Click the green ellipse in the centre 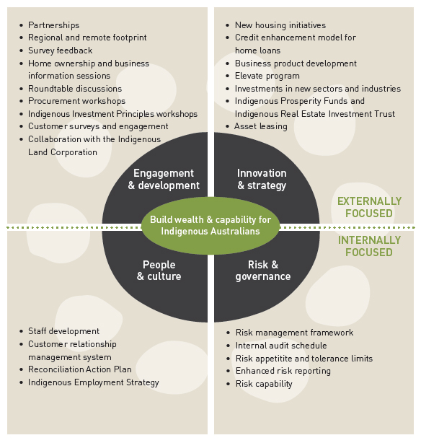(x=211, y=225)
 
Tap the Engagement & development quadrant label (x=164, y=180)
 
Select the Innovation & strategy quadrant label (x=262, y=180)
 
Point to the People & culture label (x=159, y=271)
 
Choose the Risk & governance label (x=263, y=271)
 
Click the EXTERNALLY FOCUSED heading (x=369, y=207)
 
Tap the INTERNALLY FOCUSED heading (x=369, y=246)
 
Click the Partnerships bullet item (x=53, y=25)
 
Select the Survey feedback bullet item (x=60, y=51)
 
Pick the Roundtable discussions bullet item (x=75, y=89)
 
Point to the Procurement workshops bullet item (x=77, y=101)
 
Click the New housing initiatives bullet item (x=280, y=25)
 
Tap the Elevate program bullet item (x=267, y=76)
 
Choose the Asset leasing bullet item (x=261, y=126)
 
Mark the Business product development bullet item (x=296, y=63)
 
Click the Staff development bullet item (x=64, y=331)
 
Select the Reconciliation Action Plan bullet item (x=80, y=369)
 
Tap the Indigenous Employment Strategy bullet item (x=94, y=382)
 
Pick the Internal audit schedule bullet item (x=281, y=346)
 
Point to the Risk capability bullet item (x=264, y=384)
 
